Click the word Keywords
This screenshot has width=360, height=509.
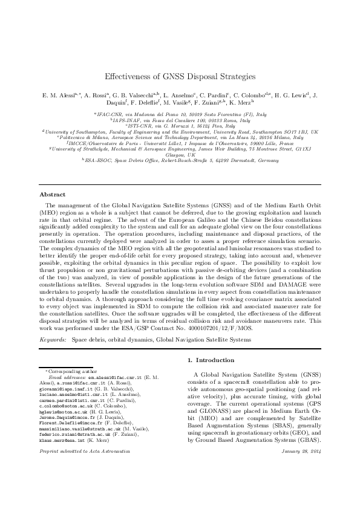pyautogui.click(x=53, y=340)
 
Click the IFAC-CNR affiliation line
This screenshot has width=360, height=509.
pyautogui.click(x=180, y=113)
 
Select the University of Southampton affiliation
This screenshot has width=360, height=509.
pyautogui.click(x=180, y=131)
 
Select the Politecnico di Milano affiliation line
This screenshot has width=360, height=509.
pyautogui.click(x=180, y=137)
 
